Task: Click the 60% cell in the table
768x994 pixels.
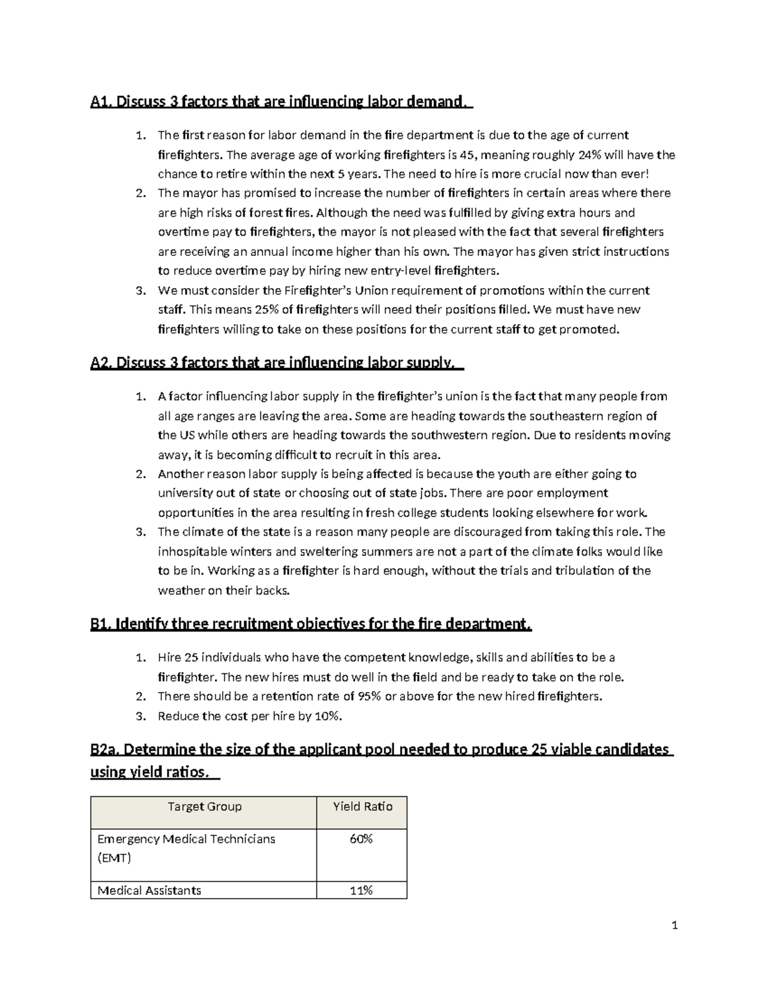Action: [361, 838]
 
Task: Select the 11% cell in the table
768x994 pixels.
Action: [361, 890]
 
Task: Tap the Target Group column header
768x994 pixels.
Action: [204, 806]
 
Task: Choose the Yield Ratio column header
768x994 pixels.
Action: [362, 806]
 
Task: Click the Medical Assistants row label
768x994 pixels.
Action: [149, 890]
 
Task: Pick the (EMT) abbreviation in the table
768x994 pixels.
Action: [114, 858]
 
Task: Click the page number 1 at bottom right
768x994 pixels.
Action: [675, 926]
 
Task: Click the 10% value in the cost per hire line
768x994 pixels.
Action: [327, 716]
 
